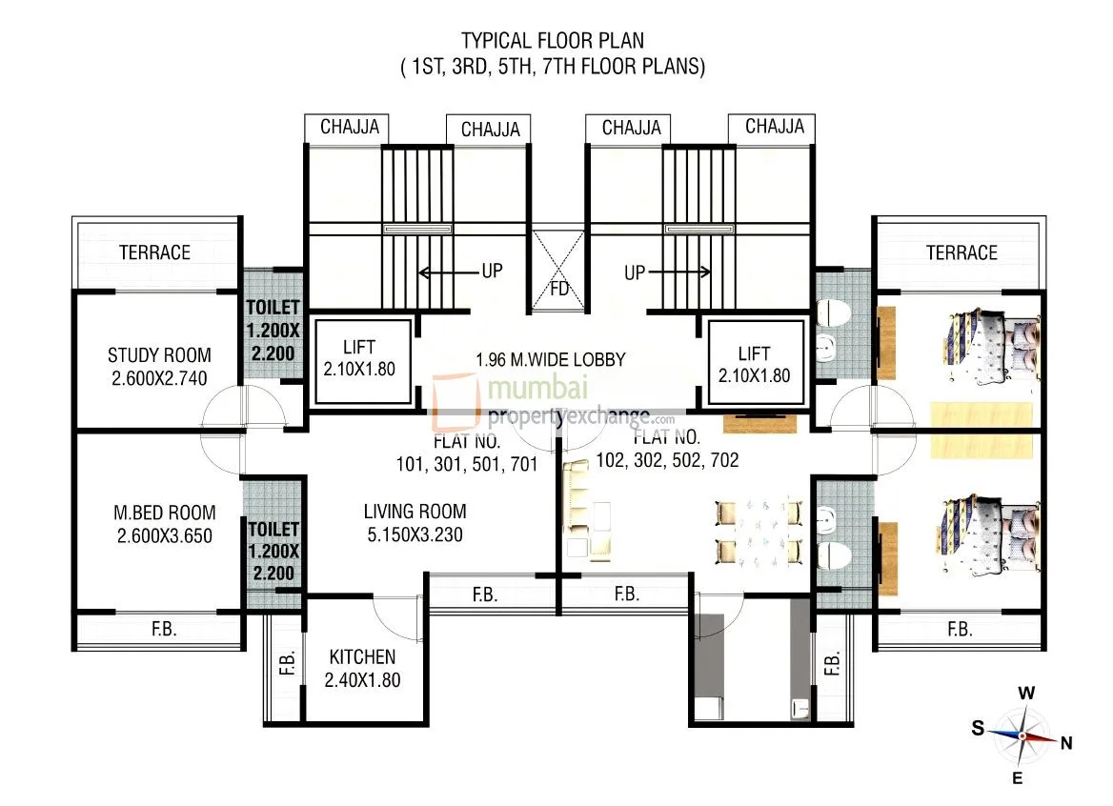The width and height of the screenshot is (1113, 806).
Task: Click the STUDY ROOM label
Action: coord(159,355)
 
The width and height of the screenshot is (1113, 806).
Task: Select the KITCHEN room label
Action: coord(361,657)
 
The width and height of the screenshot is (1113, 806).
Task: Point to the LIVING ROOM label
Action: coord(415,513)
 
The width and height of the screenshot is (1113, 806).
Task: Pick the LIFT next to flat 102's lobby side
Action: coord(754,364)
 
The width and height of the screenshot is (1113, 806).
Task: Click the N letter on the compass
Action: coord(1067,744)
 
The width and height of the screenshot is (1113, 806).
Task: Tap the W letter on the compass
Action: coord(1025,694)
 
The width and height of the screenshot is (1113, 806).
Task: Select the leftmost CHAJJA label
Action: coord(350,127)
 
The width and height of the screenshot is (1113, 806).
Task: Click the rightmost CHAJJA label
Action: coord(774,127)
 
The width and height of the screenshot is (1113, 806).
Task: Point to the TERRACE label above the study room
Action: coord(154,252)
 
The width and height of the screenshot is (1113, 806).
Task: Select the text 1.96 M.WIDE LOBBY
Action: coord(551,359)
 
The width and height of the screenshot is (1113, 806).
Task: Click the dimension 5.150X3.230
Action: coord(415,534)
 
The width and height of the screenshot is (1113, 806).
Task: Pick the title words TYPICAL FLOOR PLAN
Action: coord(552,40)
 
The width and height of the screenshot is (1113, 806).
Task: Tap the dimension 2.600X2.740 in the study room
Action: coord(159,377)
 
